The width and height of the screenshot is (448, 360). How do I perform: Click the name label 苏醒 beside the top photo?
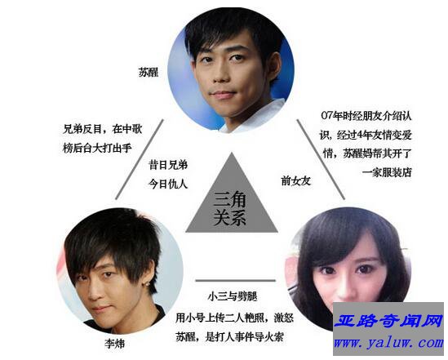(149, 72)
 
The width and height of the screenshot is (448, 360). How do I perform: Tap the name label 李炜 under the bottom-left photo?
(114, 344)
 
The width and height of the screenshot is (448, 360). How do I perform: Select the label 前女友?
(295, 181)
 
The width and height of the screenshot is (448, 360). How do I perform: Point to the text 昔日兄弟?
(168, 165)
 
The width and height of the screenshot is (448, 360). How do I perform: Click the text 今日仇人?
(168, 184)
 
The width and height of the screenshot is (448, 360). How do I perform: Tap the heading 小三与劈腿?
(233, 296)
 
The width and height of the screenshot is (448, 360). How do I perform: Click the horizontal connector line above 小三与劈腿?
(236, 281)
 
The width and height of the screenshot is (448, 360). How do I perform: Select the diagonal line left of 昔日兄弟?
(140, 159)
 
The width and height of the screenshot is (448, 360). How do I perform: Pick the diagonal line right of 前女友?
(321, 159)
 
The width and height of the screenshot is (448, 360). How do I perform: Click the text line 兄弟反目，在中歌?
(102, 129)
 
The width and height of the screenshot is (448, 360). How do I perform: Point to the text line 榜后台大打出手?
(97, 149)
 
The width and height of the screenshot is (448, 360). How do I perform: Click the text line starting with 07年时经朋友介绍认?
(366, 116)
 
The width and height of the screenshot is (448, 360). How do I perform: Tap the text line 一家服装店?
(387, 172)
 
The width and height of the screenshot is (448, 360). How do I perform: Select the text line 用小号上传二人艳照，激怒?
(234, 318)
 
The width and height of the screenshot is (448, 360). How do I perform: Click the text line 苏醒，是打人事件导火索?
(229, 337)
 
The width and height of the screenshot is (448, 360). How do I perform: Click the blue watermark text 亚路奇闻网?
(388, 321)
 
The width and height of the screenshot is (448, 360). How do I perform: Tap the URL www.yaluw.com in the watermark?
(388, 342)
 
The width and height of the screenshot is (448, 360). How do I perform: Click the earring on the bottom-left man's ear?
(148, 284)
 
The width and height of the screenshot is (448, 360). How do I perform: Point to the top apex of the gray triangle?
(232, 153)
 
